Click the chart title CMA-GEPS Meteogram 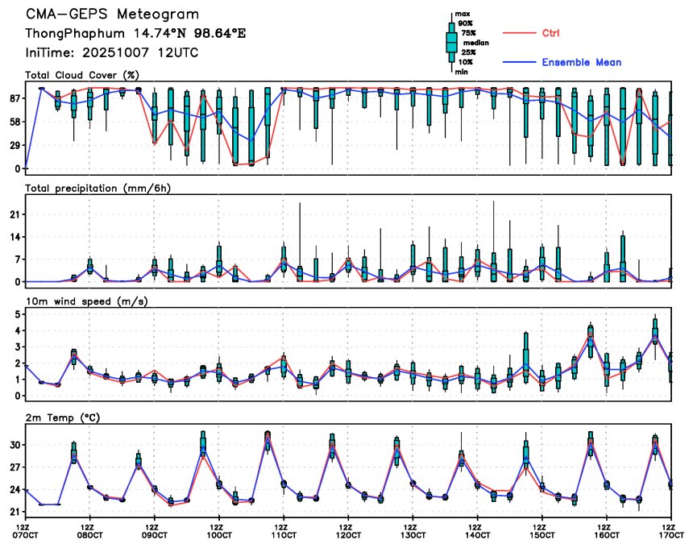tap(112, 15)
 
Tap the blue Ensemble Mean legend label tap(581, 62)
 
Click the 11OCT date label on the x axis tap(284, 535)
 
